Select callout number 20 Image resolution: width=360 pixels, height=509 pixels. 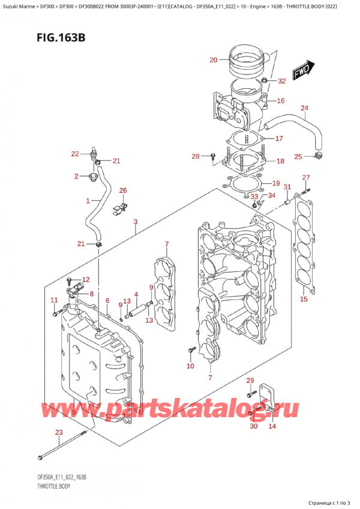212,59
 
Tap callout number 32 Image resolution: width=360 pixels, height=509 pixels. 282,81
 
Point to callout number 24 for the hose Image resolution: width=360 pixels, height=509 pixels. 304,108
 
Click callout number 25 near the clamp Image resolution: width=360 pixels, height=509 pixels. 298,157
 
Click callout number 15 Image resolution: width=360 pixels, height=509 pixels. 304,299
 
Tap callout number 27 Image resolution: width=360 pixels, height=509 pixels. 305,177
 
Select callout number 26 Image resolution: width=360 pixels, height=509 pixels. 123,191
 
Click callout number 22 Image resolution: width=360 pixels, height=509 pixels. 74,154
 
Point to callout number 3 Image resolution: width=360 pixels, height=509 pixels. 136,222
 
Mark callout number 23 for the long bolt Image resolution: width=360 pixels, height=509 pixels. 58,432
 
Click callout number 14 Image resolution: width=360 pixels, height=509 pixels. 272,426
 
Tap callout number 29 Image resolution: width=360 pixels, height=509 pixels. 250,381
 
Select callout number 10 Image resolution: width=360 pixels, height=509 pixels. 190,366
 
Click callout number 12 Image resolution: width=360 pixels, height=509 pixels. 85,279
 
